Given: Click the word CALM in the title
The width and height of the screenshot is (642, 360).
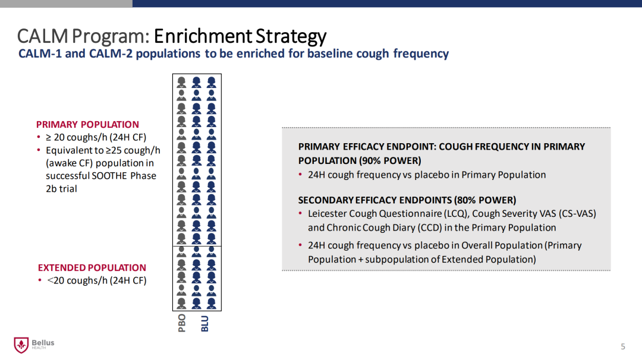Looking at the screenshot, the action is point(43,36).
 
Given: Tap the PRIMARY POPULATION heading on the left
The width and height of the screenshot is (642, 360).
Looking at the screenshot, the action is point(87,124).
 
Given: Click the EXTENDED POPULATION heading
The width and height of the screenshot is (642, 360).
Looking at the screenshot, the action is point(92,267).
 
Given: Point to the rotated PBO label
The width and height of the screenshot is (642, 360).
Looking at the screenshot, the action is point(182,323).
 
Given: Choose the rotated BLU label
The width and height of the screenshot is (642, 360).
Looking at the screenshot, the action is point(204,324).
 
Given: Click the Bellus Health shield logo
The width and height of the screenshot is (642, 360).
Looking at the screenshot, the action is point(21,345).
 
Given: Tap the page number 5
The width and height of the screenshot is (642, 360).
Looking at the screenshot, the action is point(623,346).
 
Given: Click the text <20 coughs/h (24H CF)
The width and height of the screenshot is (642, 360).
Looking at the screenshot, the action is point(97,280).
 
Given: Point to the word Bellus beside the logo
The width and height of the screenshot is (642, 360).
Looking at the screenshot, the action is point(43,342).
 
